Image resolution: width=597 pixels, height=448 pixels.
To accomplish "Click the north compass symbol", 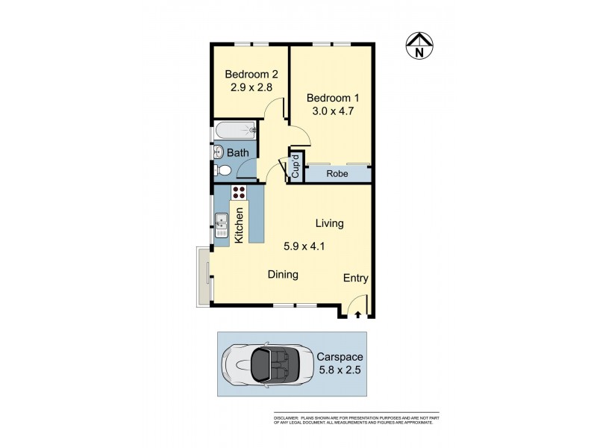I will click(x=419, y=47).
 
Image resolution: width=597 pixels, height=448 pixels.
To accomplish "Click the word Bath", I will click(x=238, y=153).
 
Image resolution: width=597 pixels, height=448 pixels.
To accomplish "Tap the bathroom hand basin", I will click(x=218, y=152).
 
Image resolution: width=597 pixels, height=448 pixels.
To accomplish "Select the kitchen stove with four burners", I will click(x=239, y=193).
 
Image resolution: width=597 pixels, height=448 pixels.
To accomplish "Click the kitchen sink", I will click(x=222, y=224).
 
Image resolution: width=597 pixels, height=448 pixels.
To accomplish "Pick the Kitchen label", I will click(x=240, y=224).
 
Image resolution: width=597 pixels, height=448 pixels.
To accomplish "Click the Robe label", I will click(x=337, y=174).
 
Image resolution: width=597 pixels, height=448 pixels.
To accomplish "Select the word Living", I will click(x=329, y=223).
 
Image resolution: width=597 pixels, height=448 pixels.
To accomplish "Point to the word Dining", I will click(x=283, y=275).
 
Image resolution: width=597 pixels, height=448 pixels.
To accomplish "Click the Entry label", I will click(x=356, y=278).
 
